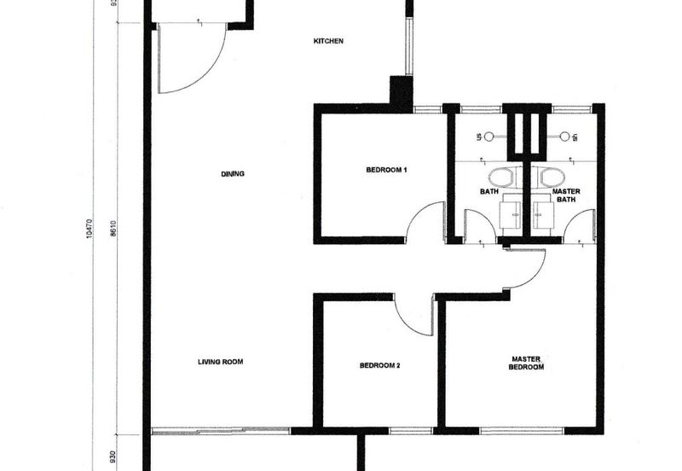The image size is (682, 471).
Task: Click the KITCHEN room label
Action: (x=328, y=41)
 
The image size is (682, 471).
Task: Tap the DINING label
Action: (x=233, y=174)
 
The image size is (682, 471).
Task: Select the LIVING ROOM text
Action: (x=221, y=362)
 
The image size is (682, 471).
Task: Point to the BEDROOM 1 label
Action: (x=386, y=171)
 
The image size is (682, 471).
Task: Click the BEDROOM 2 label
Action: (x=379, y=366)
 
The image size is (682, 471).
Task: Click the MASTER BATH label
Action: (x=566, y=195)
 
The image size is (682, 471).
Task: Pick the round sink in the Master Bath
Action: (x=564, y=136)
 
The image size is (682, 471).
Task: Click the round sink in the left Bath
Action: (x=490, y=136)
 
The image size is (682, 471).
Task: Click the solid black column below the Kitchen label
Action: (x=401, y=91)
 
